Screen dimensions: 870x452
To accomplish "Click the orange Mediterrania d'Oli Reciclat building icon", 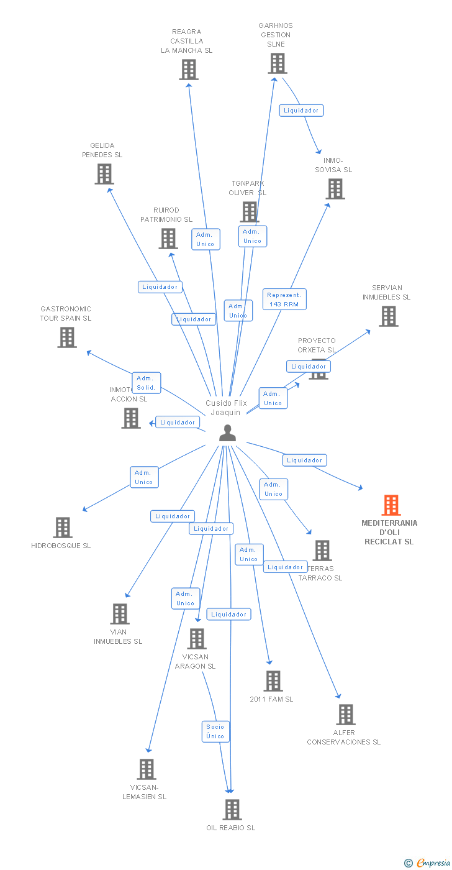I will pos(391,505).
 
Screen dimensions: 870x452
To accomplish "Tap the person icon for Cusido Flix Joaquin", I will pos(228,433).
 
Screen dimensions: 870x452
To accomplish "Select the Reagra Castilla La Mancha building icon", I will pos(189,70).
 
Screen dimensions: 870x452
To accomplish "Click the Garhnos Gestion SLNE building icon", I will pos(277,63).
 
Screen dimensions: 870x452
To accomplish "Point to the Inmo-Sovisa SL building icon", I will pos(335,188).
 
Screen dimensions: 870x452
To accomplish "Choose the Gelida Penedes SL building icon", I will pos(104,174).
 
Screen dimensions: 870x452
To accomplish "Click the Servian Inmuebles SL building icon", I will pos(388,316).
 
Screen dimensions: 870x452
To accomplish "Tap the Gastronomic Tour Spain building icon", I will pos(67,337).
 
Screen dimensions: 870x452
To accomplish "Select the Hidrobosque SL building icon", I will pos(63,528).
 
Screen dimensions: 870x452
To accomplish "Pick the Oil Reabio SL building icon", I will pos(232,810).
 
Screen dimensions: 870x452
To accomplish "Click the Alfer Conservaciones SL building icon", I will pos(346,715).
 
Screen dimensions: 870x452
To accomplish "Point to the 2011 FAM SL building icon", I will pos(273,681).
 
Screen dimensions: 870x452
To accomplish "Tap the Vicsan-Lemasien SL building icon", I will pos(146,769).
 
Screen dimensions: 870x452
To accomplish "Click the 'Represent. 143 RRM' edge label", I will pos(284,300).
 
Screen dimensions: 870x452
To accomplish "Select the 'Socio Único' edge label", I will pos(215,731).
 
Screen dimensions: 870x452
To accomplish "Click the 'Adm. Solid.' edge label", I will pos(147,383).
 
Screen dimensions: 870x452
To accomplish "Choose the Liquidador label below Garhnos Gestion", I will pos(301,111).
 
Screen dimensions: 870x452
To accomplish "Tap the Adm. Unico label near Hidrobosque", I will pos(144,477).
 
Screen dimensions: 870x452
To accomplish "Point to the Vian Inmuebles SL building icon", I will pos(119,614).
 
